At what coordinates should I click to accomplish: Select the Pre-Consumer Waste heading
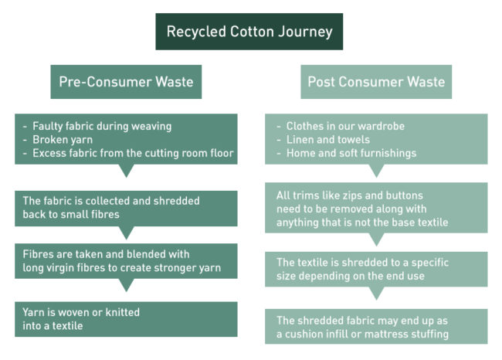[x=126, y=81]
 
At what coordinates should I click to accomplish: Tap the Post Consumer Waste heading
[x=376, y=81]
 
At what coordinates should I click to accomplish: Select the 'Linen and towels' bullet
[x=327, y=139]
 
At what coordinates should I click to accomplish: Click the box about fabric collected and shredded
[x=126, y=208]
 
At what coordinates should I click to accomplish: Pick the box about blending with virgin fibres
[x=126, y=261]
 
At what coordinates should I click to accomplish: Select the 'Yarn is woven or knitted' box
[x=126, y=319]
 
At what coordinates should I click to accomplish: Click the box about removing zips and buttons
[x=376, y=208]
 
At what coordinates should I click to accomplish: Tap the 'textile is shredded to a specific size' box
[x=376, y=269]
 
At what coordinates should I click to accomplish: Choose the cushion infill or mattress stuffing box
[x=376, y=326]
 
